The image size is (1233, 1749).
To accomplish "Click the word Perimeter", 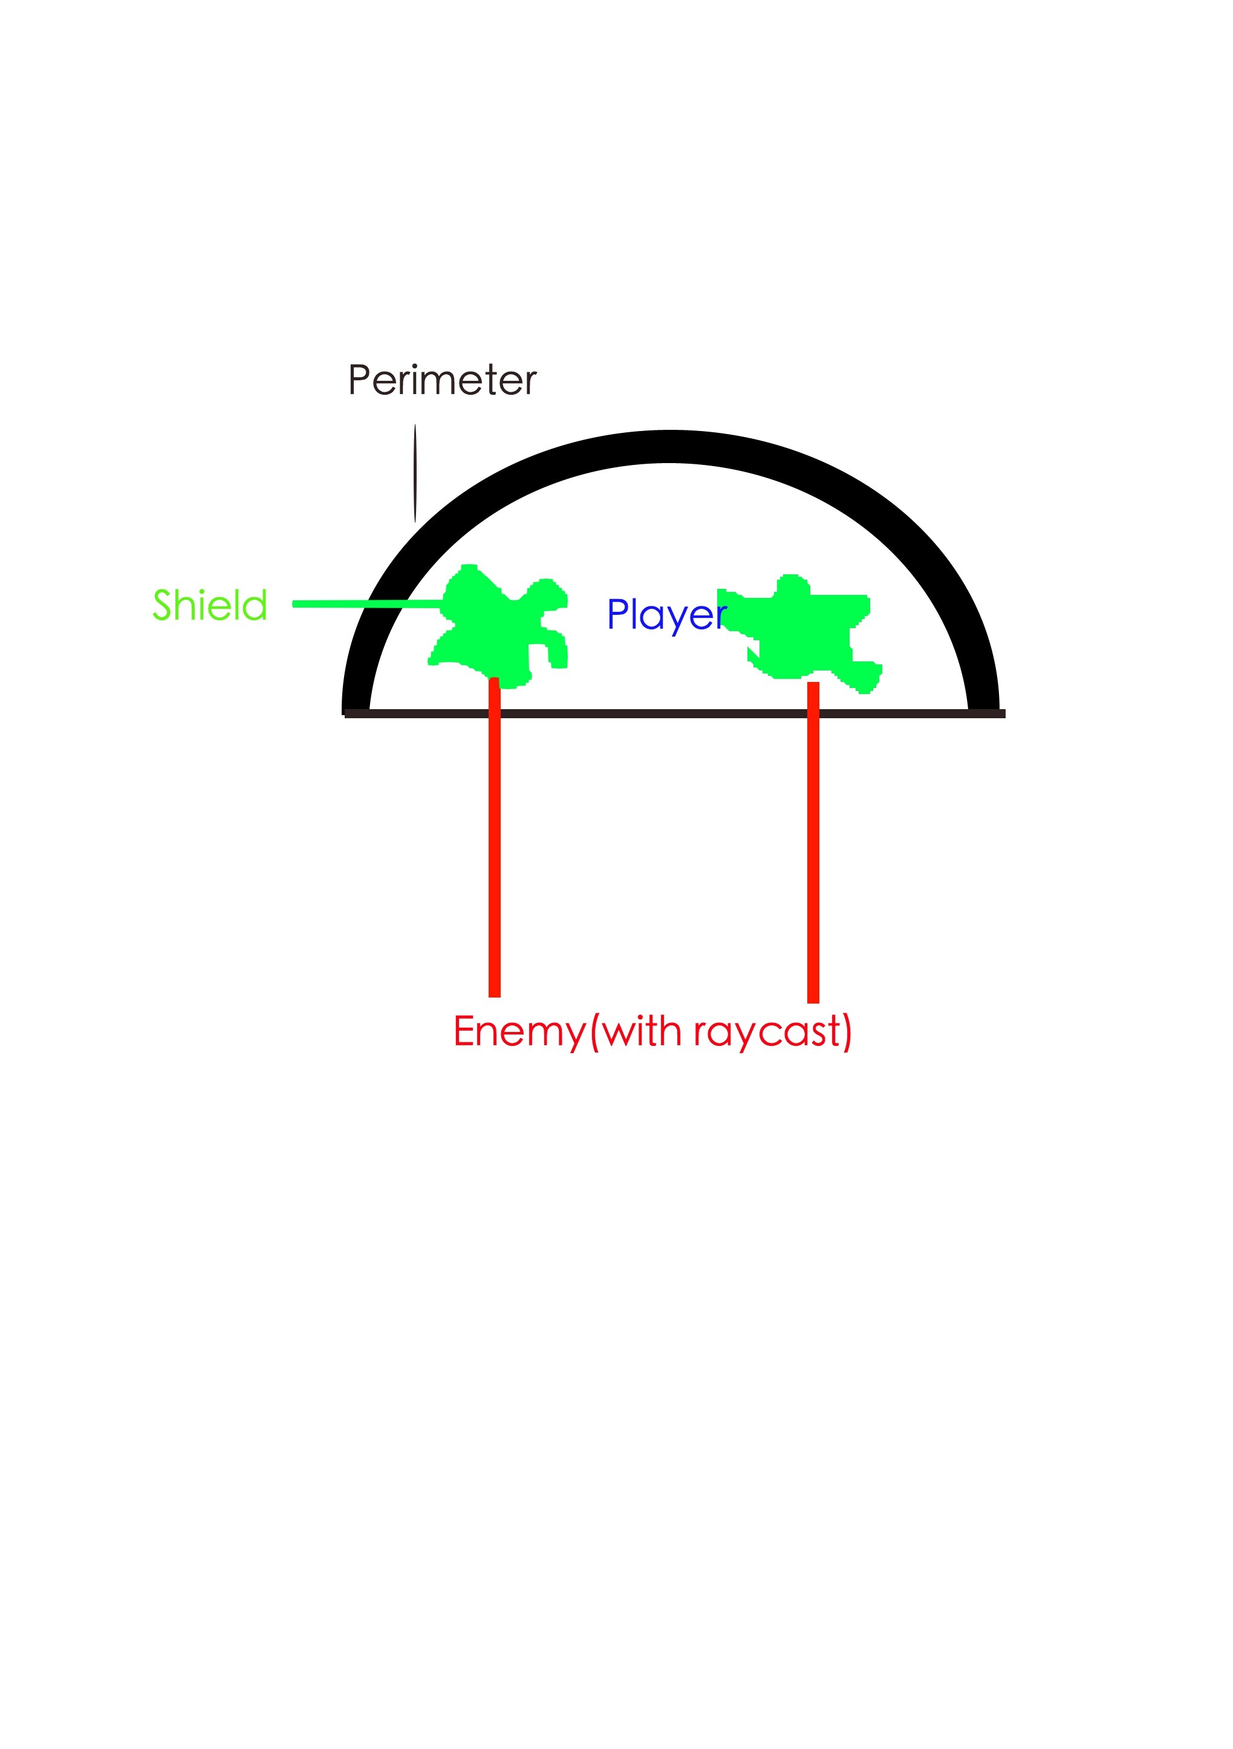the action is tap(442, 380).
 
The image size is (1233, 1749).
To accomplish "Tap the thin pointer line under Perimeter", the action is tap(415, 473).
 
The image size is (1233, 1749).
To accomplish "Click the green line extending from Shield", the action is tap(369, 604).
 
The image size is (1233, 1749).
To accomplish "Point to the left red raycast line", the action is tap(495, 836).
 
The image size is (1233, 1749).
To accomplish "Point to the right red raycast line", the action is tap(813, 842).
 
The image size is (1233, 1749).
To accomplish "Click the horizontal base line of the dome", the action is tap(674, 714).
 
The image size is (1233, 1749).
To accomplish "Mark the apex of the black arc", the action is tap(669, 446).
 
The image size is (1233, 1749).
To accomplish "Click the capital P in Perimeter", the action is tap(359, 380).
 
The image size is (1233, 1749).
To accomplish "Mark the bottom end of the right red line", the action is tap(813, 1002).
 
